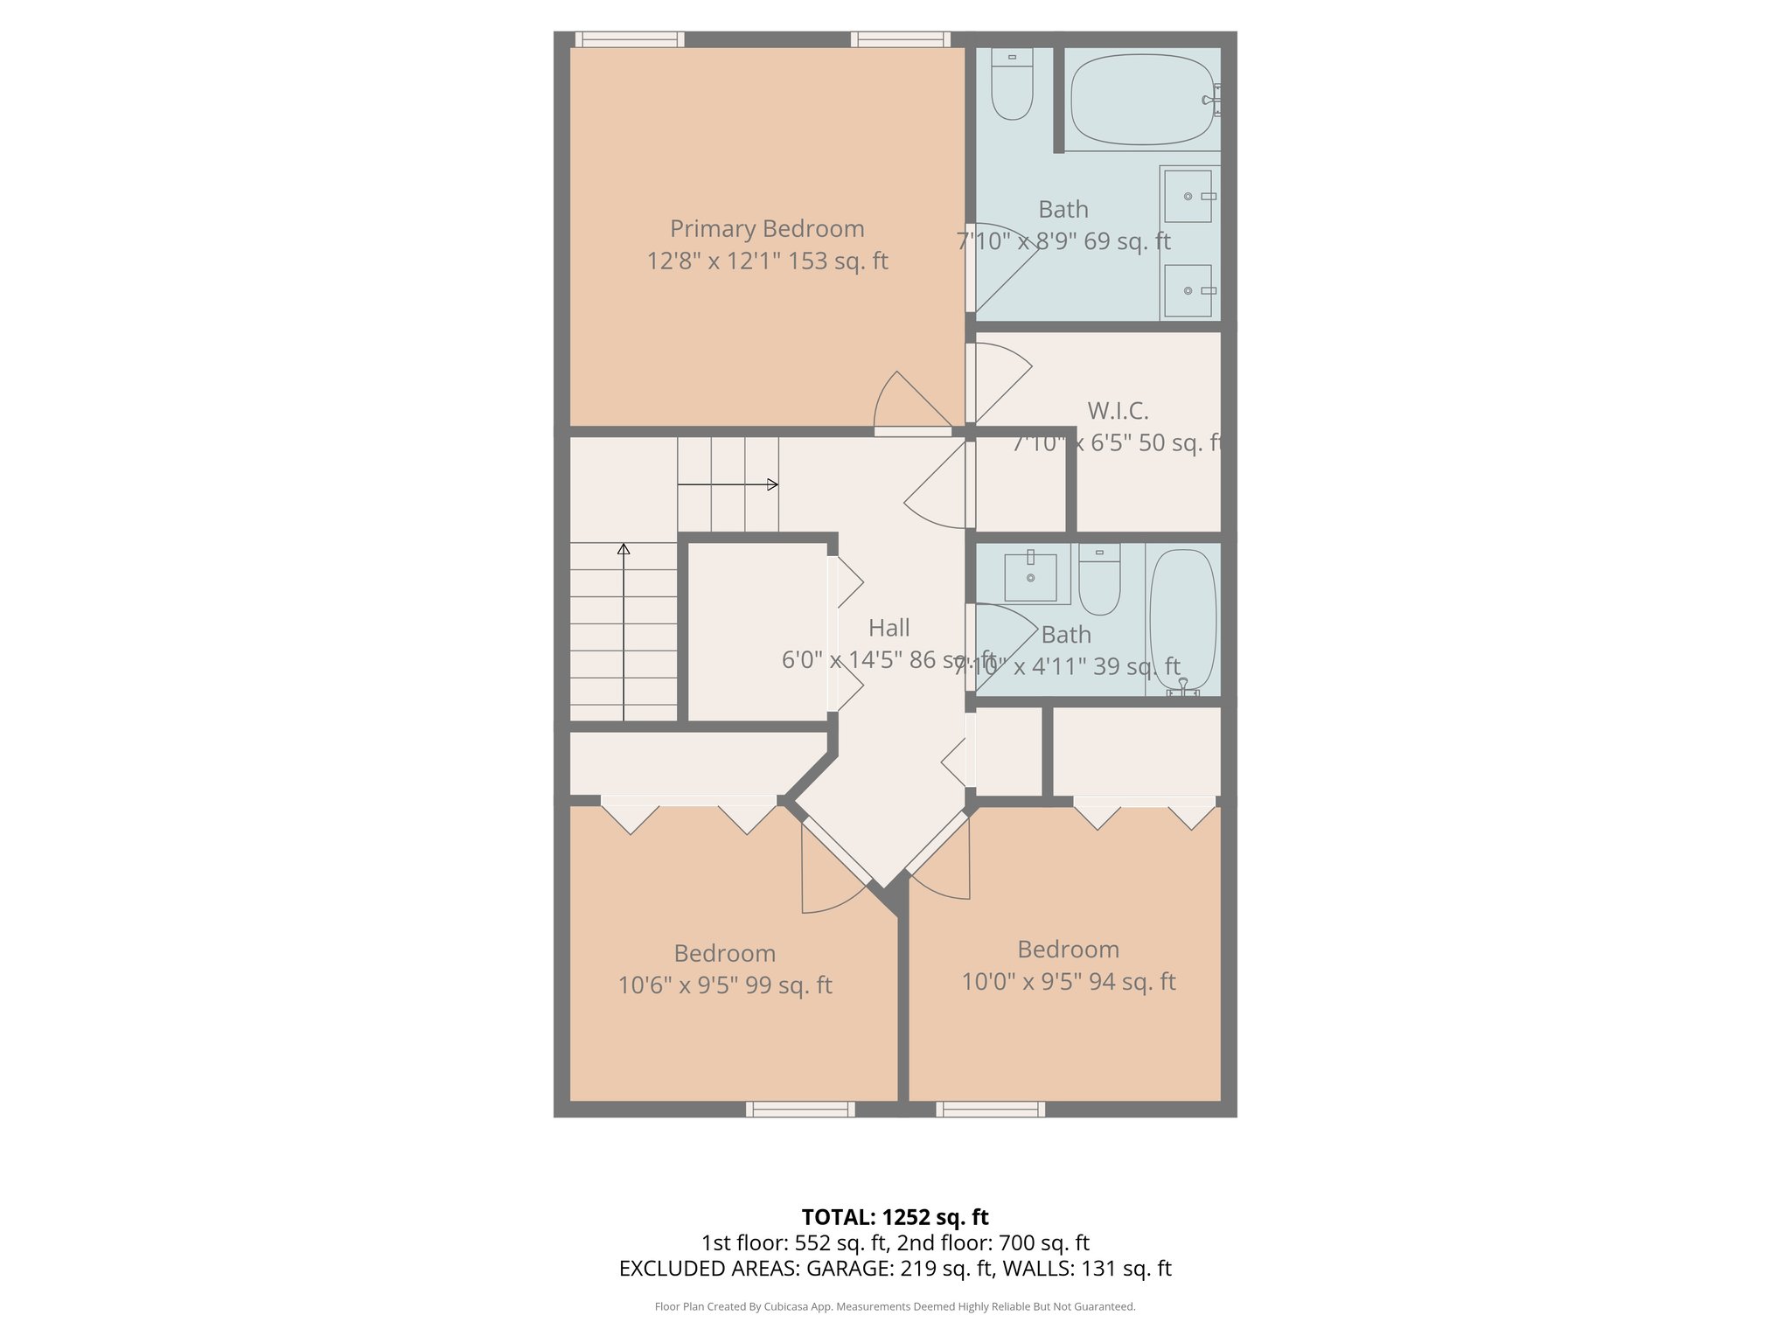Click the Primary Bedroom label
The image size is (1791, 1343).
pos(767,229)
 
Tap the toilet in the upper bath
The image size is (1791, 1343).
pos(1012,84)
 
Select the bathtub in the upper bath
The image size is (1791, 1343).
pos(1141,100)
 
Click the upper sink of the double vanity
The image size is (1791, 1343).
pos(1188,197)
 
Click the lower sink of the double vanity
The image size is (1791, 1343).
pos(1188,290)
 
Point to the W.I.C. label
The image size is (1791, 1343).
pos(1118,411)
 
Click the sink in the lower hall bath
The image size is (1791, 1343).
pos(1030,577)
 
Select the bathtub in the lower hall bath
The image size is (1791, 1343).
pos(1182,619)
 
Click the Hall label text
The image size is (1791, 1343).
pos(889,628)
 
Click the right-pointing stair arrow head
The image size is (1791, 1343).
pos(773,484)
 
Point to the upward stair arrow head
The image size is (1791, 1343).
pos(624,549)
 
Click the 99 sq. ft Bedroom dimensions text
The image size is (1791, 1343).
pos(725,985)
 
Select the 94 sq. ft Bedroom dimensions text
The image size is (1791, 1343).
pos(1069,982)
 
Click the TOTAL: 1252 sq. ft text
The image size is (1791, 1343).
pos(895,1217)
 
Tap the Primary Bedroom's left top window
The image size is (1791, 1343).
pos(630,39)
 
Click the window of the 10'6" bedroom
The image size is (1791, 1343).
pos(800,1109)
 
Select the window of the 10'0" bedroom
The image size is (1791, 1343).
pos(990,1109)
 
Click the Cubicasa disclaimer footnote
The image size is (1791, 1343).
pos(895,1307)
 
